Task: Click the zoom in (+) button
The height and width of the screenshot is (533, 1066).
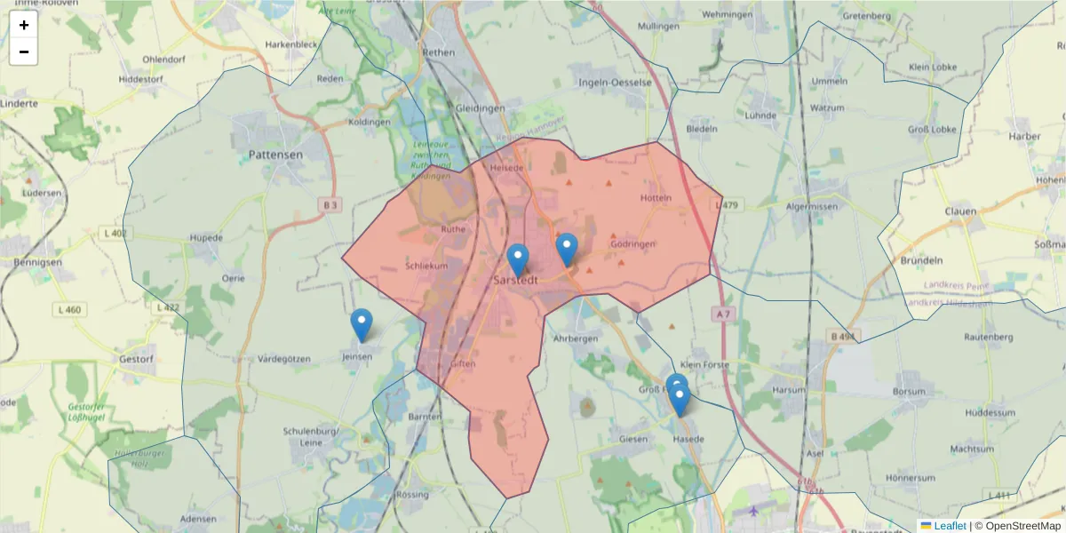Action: coord(23,25)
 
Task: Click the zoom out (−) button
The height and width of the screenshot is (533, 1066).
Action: coord(23,52)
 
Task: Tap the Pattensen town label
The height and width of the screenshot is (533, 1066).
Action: coord(275,155)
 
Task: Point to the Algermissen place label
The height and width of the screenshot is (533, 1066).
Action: coord(811,206)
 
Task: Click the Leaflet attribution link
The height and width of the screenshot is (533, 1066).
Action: coord(950,526)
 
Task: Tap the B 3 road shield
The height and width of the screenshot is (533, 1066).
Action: coord(330,205)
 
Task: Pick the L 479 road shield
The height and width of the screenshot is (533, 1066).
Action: coord(728,206)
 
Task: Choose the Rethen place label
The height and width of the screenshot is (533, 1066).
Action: coord(439,52)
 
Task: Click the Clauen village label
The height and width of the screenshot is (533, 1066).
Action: coord(961,212)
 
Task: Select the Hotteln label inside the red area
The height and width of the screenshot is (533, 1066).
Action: coord(656,197)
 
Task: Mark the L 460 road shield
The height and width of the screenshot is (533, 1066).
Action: coord(68,310)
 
